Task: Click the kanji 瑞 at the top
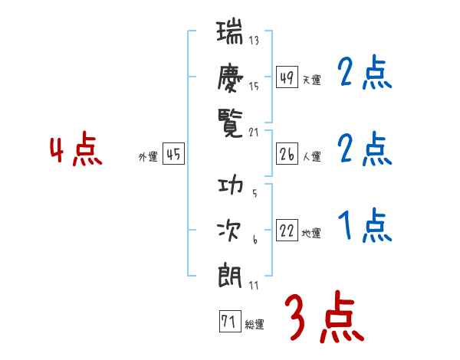point(230,34)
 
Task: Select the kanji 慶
point(230,77)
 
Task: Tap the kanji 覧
point(230,121)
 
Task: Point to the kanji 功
point(230,186)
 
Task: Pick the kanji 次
point(230,230)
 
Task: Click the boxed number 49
point(287,77)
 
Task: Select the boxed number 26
point(287,155)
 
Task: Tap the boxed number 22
point(287,231)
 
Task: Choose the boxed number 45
point(173,155)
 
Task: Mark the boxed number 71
point(228,322)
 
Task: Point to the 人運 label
point(311,157)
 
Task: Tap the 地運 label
point(311,234)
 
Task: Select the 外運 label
point(148,157)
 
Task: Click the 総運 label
point(254,325)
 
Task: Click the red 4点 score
point(75,150)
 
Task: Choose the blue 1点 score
point(365,226)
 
